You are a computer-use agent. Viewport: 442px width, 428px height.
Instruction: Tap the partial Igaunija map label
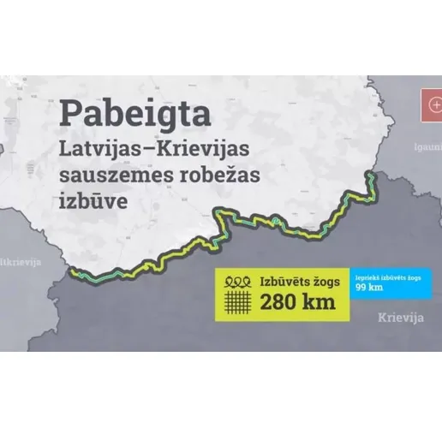(428, 146)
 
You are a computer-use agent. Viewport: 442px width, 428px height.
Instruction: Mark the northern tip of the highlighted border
(370, 174)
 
